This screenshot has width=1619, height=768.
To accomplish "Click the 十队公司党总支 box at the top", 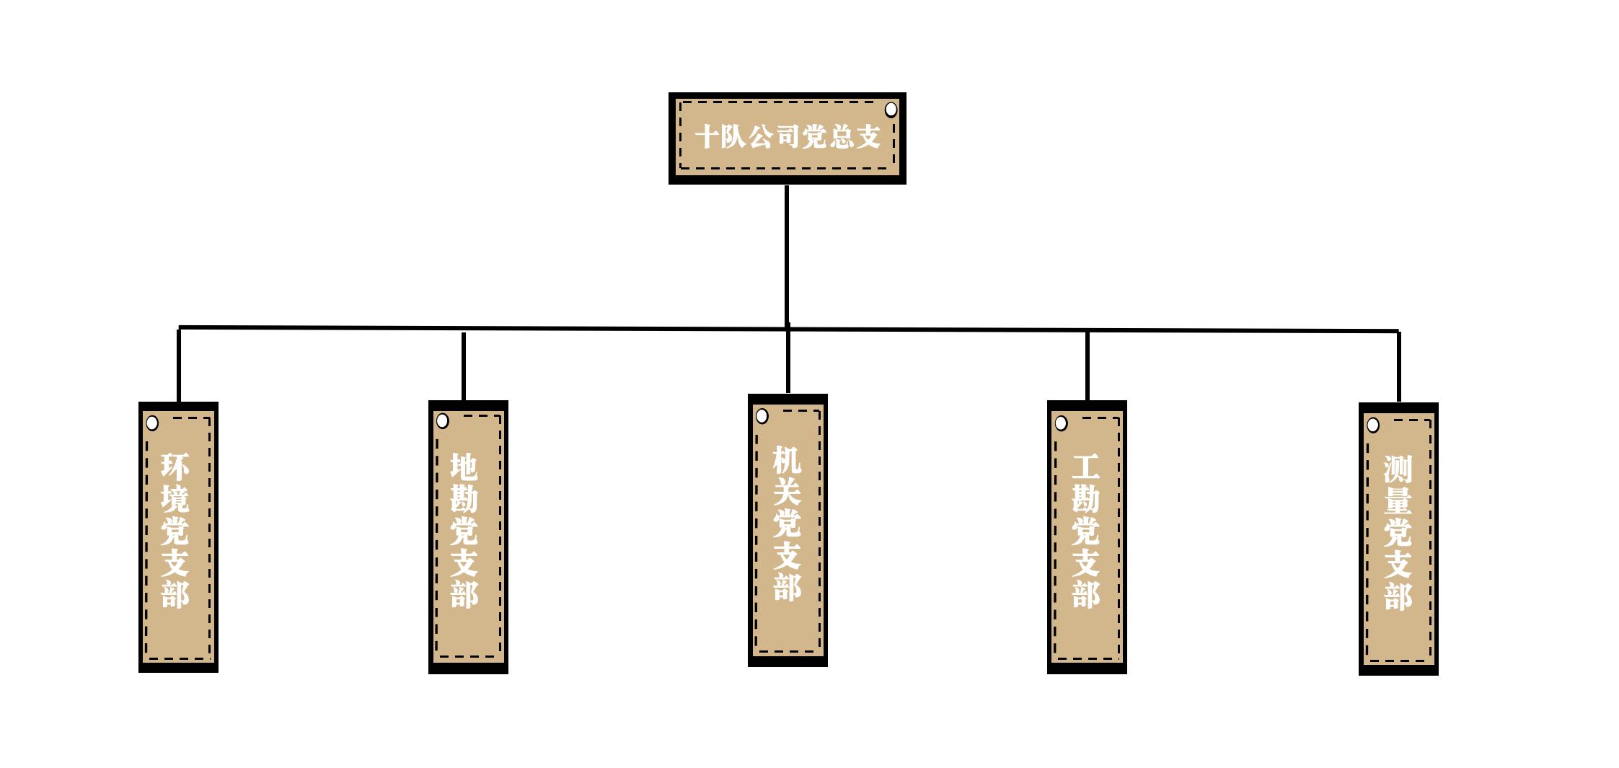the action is (787, 138).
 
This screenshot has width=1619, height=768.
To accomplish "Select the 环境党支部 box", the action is (178, 537).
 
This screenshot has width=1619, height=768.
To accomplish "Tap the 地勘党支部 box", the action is (468, 537).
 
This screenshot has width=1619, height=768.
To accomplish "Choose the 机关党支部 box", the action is (788, 530).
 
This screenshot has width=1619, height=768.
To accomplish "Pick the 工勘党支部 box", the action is (1087, 537).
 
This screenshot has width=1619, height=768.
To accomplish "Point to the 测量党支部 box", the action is (1398, 539).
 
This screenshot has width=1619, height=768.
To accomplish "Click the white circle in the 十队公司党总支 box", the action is (891, 110).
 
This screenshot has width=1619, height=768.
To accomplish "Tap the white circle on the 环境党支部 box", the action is (152, 423).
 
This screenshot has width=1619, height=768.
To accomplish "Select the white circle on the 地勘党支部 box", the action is (443, 420).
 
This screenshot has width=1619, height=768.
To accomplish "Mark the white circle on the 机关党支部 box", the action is (762, 416).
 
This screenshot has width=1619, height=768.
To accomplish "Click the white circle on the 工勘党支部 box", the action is (1061, 423).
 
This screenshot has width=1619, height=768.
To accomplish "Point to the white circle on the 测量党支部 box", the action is (1373, 425).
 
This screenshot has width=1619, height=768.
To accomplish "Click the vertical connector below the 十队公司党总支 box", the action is (787, 257).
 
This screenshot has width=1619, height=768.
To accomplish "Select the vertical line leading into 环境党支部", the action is (179, 365).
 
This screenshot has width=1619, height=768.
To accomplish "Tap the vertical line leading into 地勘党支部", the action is (464, 366).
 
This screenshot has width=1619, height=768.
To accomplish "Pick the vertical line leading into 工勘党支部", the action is (1088, 366).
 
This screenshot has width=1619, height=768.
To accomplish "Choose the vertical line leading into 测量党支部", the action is (1399, 366).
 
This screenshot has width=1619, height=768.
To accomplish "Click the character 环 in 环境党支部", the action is (175, 467).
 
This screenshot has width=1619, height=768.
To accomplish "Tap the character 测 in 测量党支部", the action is (1398, 469).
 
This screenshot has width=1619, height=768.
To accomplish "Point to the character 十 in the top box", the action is (707, 136).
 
